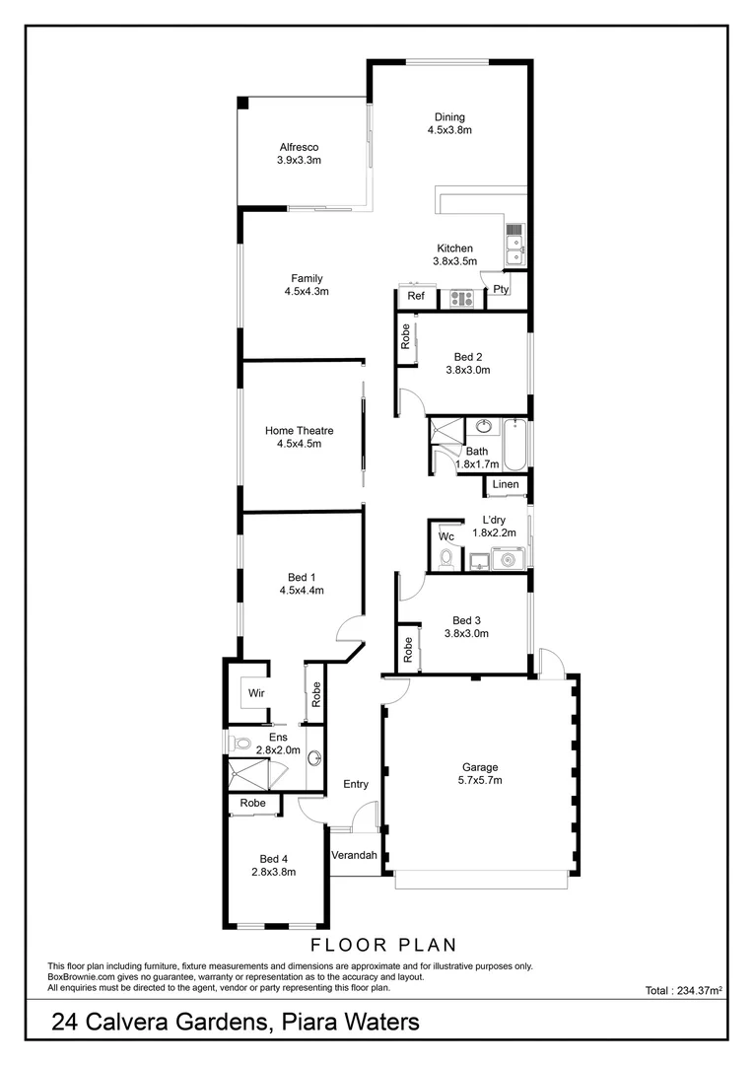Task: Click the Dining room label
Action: tap(449, 117)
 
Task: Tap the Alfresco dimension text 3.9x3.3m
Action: tap(299, 160)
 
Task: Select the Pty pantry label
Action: tap(501, 289)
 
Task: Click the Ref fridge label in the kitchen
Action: tap(416, 296)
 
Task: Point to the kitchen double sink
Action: tap(513, 245)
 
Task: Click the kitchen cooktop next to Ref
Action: tap(461, 297)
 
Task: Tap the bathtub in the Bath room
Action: tap(515, 444)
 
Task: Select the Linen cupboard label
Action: tap(505, 485)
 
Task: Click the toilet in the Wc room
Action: tap(445, 558)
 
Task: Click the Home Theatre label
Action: tap(299, 431)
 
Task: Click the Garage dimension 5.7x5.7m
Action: tap(480, 780)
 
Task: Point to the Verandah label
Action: tap(354, 855)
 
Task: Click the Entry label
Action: tap(356, 785)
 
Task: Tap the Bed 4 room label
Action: tap(274, 858)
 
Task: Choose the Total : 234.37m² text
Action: tap(684, 990)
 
